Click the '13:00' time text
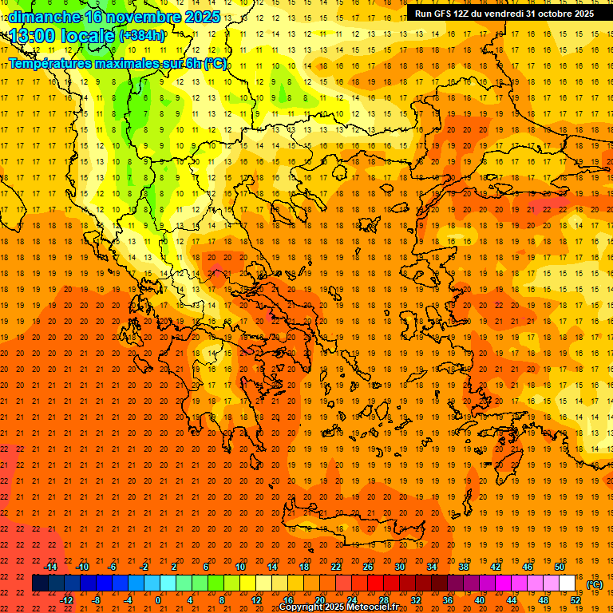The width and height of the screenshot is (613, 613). point(32,36)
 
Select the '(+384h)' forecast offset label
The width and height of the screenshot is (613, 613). point(142,36)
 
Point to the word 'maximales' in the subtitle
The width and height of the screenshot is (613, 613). point(121,63)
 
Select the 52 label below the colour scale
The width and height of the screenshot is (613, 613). point(575,600)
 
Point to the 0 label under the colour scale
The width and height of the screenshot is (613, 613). point(158,600)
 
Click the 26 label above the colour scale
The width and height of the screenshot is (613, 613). point(368,567)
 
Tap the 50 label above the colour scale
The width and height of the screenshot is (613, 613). point(560,567)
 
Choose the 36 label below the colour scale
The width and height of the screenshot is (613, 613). point(448,600)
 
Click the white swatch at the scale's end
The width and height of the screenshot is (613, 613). point(568,583)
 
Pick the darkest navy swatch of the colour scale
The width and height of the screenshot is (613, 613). point(40,583)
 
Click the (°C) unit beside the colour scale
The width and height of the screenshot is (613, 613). point(595,583)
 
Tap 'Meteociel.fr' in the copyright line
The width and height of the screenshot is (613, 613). point(372,607)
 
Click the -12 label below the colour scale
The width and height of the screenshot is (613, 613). point(66,600)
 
